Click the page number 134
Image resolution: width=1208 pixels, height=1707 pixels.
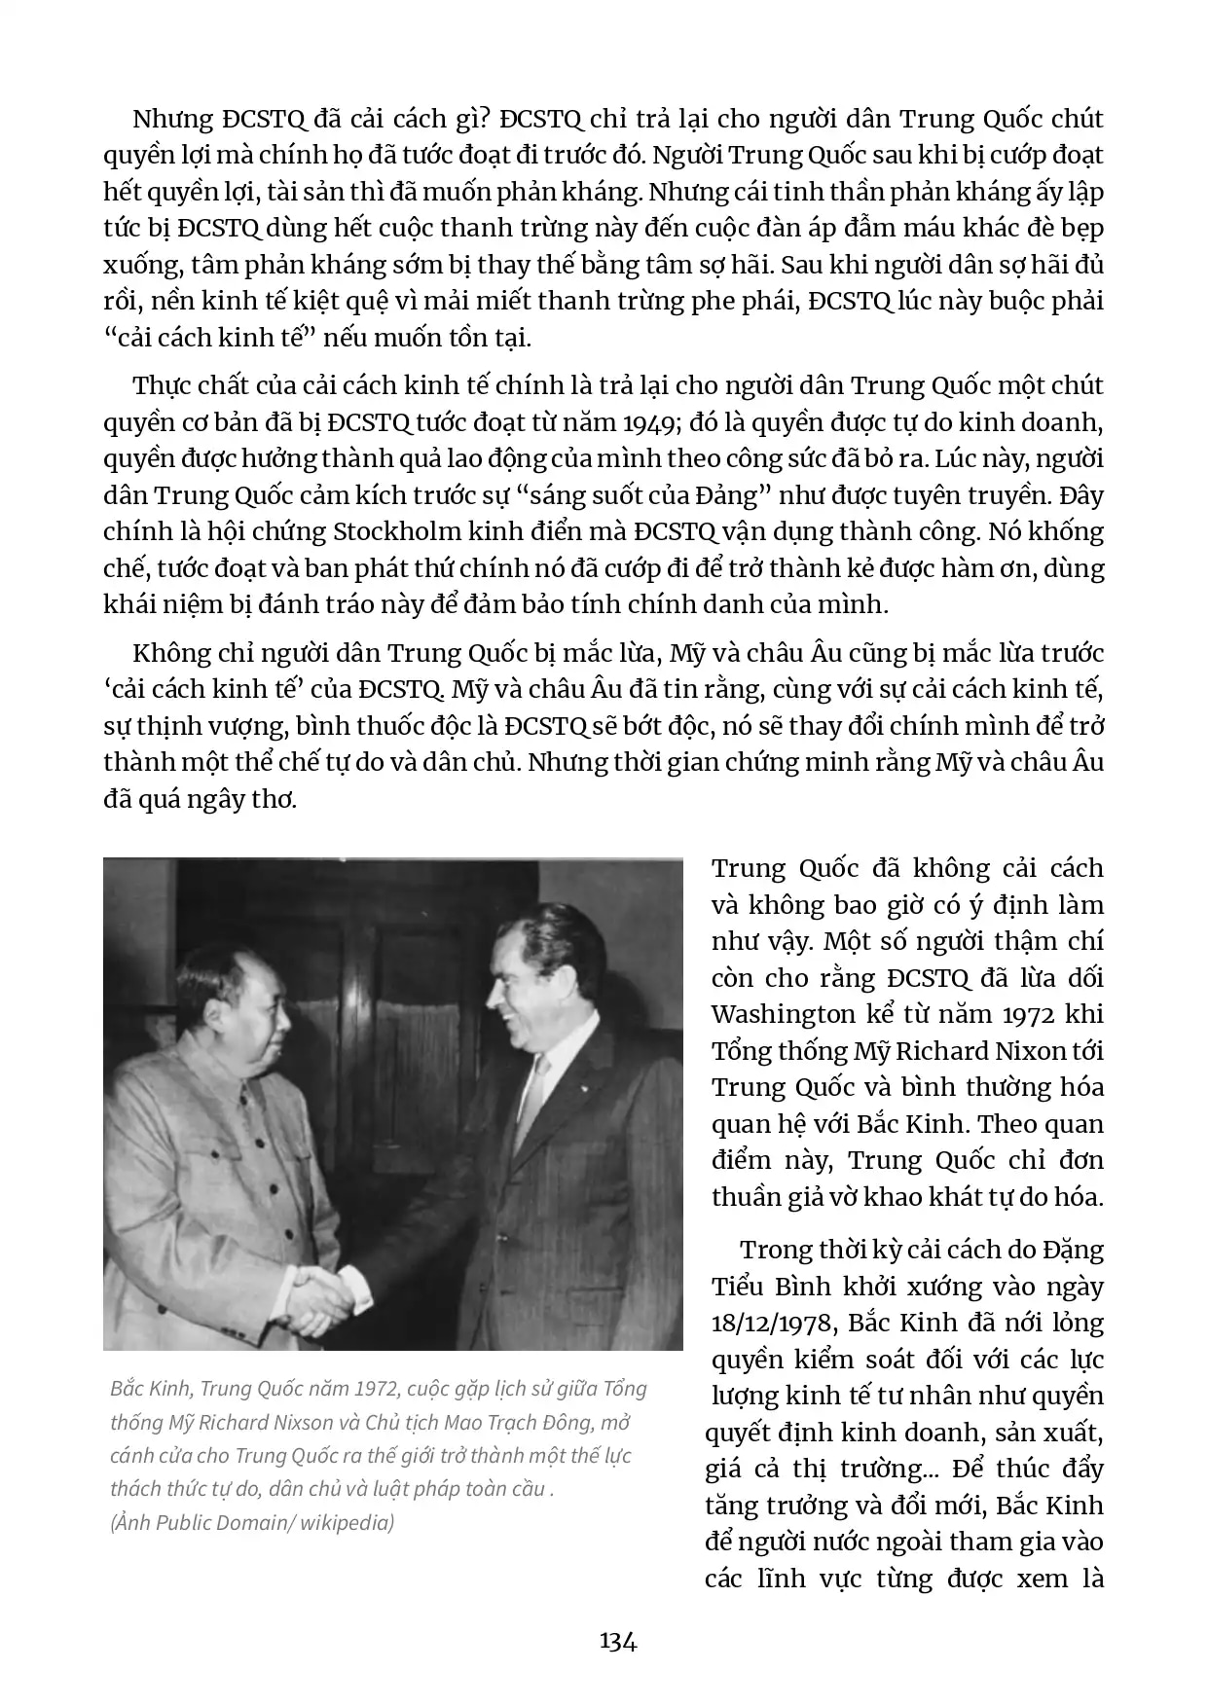click(618, 1642)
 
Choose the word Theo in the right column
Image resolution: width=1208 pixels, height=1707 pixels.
click(1009, 1124)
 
